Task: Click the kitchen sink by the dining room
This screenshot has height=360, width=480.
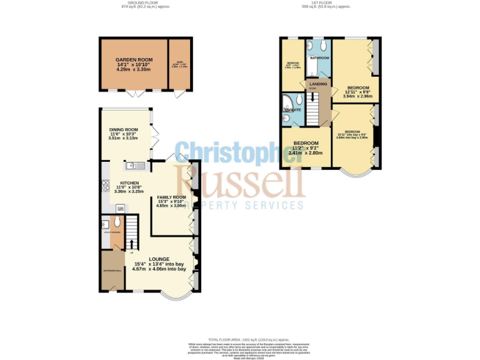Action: [x=135, y=166]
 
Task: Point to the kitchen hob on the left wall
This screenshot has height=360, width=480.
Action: [x=104, y=186]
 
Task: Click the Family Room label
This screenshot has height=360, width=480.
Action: [x=171, y=197]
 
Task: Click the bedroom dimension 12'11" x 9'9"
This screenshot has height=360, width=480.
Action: [x=357, y=92]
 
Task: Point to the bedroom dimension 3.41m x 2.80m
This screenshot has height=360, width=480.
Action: [x=306, y=153]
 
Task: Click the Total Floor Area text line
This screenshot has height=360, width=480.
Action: [x=239, y=338]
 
